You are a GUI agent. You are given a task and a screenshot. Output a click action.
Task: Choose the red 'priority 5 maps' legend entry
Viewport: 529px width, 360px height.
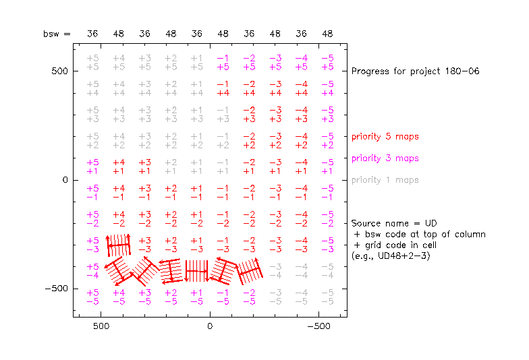[385, 137]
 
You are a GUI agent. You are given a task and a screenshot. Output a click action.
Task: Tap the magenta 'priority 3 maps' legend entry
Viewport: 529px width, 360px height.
[385, 158]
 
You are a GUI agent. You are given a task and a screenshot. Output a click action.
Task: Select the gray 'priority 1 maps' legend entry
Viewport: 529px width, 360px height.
[385, 180]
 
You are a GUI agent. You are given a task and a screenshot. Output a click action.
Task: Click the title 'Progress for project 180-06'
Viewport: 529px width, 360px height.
[416, 71]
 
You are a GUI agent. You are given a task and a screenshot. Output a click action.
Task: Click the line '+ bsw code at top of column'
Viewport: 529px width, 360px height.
[419, 234]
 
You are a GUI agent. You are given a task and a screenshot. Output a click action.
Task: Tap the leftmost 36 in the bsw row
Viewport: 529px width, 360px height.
[93, 33]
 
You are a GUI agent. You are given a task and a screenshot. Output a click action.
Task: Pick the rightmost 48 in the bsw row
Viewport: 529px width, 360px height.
[327, 33]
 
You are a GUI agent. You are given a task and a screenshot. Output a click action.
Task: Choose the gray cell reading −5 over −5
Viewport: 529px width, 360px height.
[327, 297]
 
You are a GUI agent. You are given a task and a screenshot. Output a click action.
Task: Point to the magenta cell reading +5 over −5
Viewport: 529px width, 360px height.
[93, 297]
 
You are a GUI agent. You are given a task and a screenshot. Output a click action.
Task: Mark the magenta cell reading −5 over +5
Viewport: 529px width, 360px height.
[327, 63]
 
